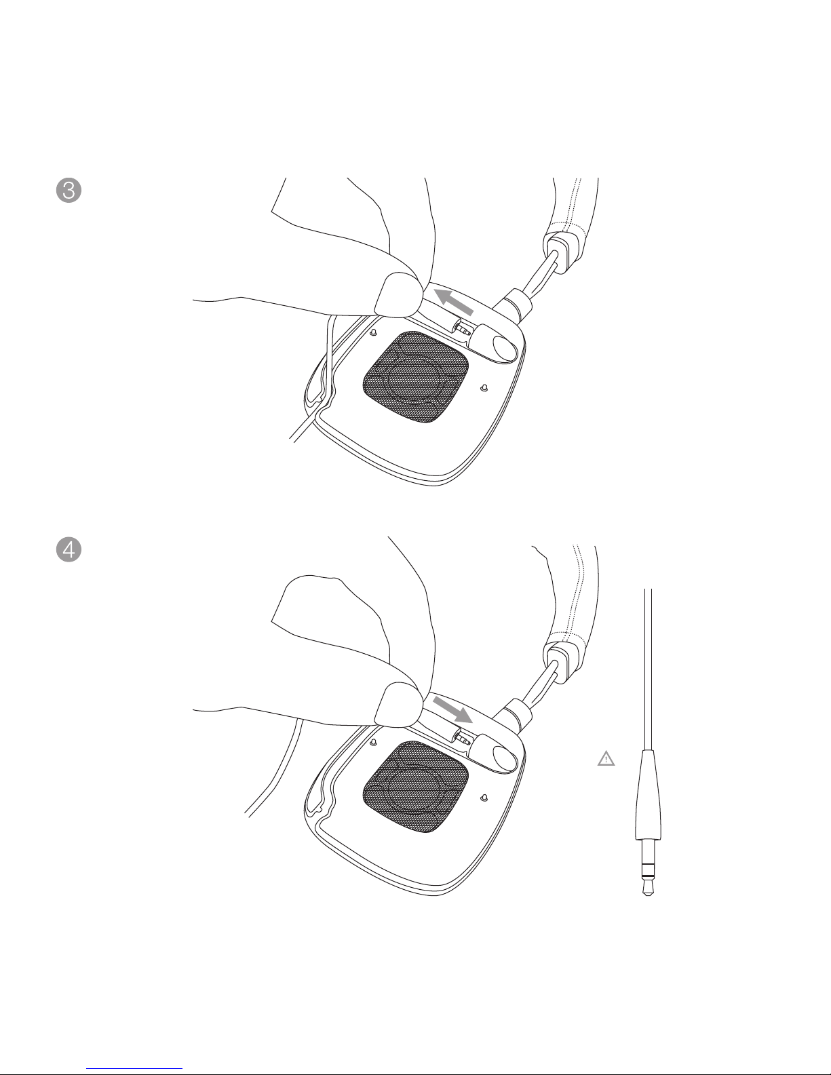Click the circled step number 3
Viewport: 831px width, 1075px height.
[69, 191]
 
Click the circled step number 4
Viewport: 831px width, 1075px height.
[69, 549]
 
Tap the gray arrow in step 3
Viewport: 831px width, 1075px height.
[454, 302]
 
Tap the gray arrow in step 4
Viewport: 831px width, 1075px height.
[452, 711]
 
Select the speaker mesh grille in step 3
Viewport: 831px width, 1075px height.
[415, 377]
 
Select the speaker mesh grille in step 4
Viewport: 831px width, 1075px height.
[415, 787]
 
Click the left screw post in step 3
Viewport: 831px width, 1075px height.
[374, 332]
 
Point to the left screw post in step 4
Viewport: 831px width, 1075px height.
[374, 742]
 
